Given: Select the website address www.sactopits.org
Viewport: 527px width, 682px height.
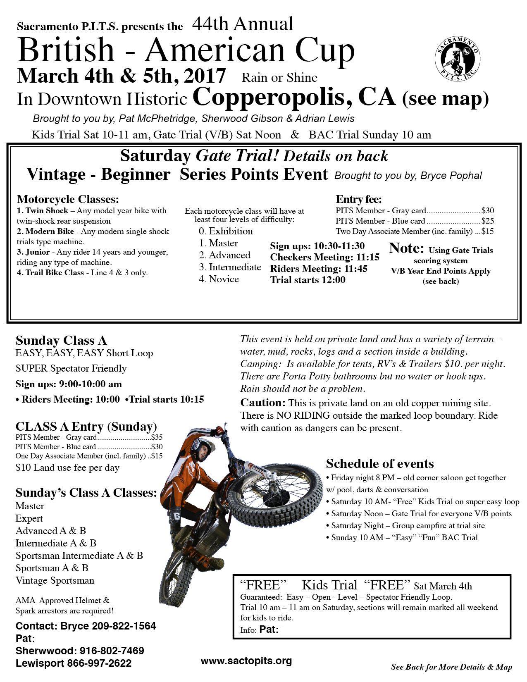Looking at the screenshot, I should tap(246, 661).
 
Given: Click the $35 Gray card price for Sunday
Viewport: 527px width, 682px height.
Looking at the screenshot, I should tap(157, 437).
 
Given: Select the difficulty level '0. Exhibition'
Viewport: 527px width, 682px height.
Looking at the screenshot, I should tap(226, 231).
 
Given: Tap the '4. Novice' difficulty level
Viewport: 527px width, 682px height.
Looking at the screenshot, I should tap(219, 279).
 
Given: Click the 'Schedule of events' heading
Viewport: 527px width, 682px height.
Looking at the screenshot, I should tap(380, 463).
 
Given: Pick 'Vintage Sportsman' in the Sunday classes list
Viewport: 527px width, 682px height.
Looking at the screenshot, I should tap(55, 580).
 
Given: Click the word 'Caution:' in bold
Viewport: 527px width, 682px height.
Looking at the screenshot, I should tap(263, 403).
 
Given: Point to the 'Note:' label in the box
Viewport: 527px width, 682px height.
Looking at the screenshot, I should tap(407, 248).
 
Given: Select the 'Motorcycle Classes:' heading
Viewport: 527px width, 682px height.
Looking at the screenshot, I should tap(68, 199).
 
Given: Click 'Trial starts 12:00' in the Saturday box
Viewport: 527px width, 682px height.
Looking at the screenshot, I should tap(308, 280).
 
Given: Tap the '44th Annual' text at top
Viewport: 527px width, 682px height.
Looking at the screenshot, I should tap(243, 24).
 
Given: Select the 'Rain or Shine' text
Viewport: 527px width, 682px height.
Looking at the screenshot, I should tap(279, 78).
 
